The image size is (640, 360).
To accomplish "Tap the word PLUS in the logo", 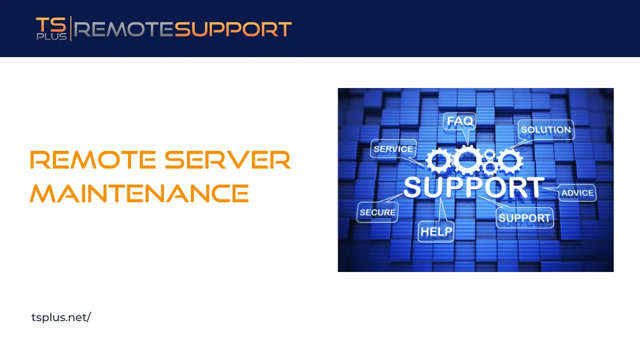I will point(51,36).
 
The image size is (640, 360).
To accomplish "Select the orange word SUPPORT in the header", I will point(233,29).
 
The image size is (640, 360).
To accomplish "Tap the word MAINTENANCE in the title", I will point(139,194).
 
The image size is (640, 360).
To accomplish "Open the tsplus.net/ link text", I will point(61,317).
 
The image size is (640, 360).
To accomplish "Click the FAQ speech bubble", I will point(460,122).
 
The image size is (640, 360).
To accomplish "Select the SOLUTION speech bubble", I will point(546,130).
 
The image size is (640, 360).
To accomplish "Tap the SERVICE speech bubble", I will point(393,149).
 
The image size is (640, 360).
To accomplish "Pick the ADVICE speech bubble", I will point(577,193).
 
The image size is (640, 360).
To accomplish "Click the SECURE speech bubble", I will point(377,212).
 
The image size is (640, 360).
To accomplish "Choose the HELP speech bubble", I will point(436,231).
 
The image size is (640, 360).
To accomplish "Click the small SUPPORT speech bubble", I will point(524,218).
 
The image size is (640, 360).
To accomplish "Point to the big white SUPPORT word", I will point(474,187).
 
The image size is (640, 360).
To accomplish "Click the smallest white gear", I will point(489,167).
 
